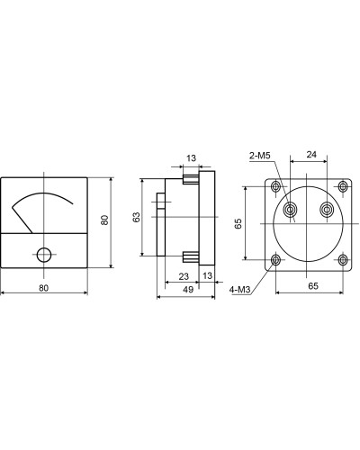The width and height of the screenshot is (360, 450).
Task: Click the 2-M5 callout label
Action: [x=260, y=156]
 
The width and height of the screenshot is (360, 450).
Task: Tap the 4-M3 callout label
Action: [x=239, y=290]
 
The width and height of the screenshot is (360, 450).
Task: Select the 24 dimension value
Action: [x=311, y=155]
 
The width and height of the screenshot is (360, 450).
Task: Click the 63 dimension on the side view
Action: [x=136, y=217]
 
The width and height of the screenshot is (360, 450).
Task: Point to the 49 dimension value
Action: [x=188, y=290]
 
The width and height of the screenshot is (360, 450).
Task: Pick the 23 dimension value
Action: [x=184, y=276]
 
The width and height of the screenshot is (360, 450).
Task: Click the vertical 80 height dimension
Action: [x=104, y=220]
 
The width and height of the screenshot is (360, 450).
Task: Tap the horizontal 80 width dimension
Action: [x=43, y=288]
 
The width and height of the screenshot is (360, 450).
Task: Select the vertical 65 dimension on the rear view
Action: [x=238, y=223]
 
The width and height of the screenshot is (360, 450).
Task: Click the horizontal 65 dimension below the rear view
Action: [x=312, y=286]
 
